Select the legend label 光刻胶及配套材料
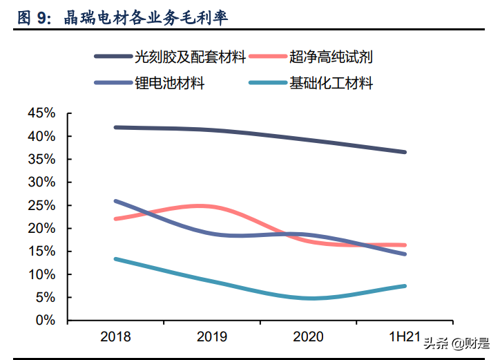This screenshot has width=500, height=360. (191, 57)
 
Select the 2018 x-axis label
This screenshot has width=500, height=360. (115, 337)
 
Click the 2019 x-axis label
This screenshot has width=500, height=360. (212, 337)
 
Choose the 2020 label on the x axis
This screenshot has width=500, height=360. (309, 337)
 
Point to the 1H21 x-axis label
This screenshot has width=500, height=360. (405, 337)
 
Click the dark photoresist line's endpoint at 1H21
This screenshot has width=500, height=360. (405, 152)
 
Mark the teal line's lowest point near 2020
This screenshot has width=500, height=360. (311, 299)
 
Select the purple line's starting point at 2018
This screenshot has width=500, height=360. (115, 201)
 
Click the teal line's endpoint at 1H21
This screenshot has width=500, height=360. (405, 286)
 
